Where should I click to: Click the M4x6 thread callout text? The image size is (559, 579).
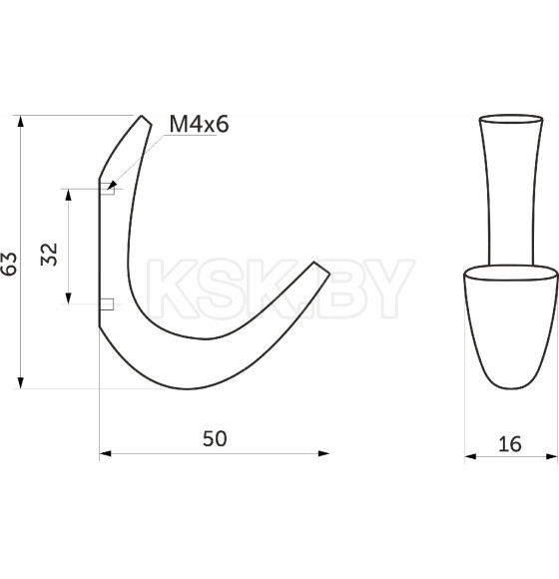point(199,124)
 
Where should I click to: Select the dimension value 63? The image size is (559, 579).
point(9,264)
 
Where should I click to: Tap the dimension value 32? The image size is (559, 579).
point(49,254)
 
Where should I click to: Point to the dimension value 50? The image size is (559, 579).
point(215,438)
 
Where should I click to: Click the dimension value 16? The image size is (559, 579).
point(510,444)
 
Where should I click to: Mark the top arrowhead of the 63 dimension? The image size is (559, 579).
point(21,122)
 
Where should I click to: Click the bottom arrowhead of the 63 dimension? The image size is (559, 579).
point(21,382)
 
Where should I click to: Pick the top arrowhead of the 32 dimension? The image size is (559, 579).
point(68,195)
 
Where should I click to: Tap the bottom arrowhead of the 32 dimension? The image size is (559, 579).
point(68,298)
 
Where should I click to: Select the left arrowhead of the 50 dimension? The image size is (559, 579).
point(106,453)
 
